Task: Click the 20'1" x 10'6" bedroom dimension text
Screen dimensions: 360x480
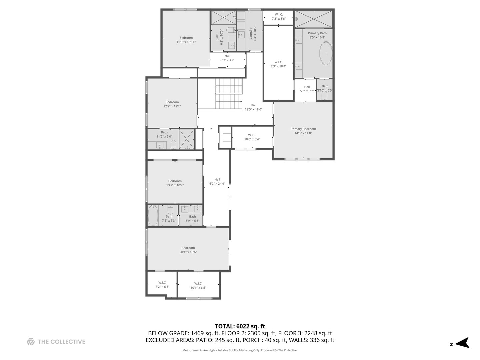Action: [188, 252]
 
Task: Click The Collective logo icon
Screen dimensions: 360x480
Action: [31, 342]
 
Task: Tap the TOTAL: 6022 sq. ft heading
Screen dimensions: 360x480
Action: [240, 326]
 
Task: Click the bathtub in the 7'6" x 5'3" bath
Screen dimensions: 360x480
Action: [153, 215]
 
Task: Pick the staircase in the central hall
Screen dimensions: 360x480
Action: [229, 93]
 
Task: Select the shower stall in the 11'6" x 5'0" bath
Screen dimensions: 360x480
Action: [187, 139]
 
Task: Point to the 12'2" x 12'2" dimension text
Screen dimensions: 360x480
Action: [172, 107]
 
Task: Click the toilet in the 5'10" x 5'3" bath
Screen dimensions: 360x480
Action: [324, 96]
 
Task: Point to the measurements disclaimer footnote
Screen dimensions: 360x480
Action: [240, 350]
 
